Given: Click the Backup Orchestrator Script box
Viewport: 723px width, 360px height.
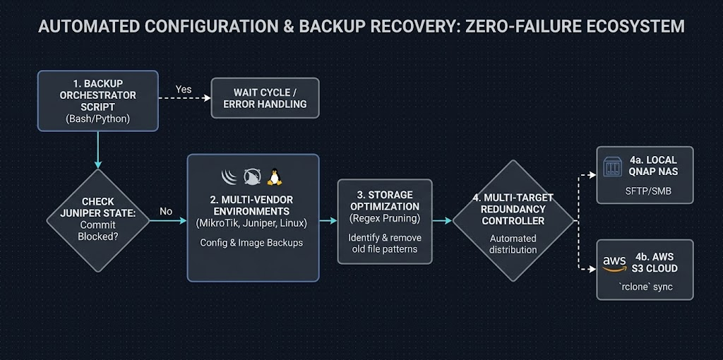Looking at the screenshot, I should pyautogui.click(x=98, y=100).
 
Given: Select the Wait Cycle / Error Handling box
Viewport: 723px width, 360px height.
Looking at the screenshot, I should pyautogui.click(x=265, y=98).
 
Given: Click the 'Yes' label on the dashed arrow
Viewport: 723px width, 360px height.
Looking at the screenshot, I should pyautogui.click(x=184, y=90).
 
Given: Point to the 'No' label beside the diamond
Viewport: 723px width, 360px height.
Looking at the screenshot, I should pyautogui.click(x=166, y=211).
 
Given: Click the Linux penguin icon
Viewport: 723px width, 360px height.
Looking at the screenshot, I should pyautogui.click(x=274, y=176).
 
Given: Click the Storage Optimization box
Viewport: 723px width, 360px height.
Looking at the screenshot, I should pyautogui.click(x=384, y=221).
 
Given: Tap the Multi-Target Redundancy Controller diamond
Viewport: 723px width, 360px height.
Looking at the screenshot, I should pyautogui.click(x=513, y=220).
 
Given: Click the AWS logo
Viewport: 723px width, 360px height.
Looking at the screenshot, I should pyautogui.click(x=614, y=263).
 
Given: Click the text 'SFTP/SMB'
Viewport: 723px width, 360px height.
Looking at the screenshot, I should pyautogui.click(x=645, y=191).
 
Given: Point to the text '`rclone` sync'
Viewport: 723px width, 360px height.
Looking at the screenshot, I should pyautogui.click(x=645, y=287).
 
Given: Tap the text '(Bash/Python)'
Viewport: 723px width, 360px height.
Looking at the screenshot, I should pyautogui.click(x=98, y=119).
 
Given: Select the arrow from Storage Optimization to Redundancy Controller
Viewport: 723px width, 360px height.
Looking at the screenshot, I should pyautogui.click(x=442, y=221).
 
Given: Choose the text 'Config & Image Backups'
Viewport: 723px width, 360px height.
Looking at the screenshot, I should pyautogui.click(x=253, y=243).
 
